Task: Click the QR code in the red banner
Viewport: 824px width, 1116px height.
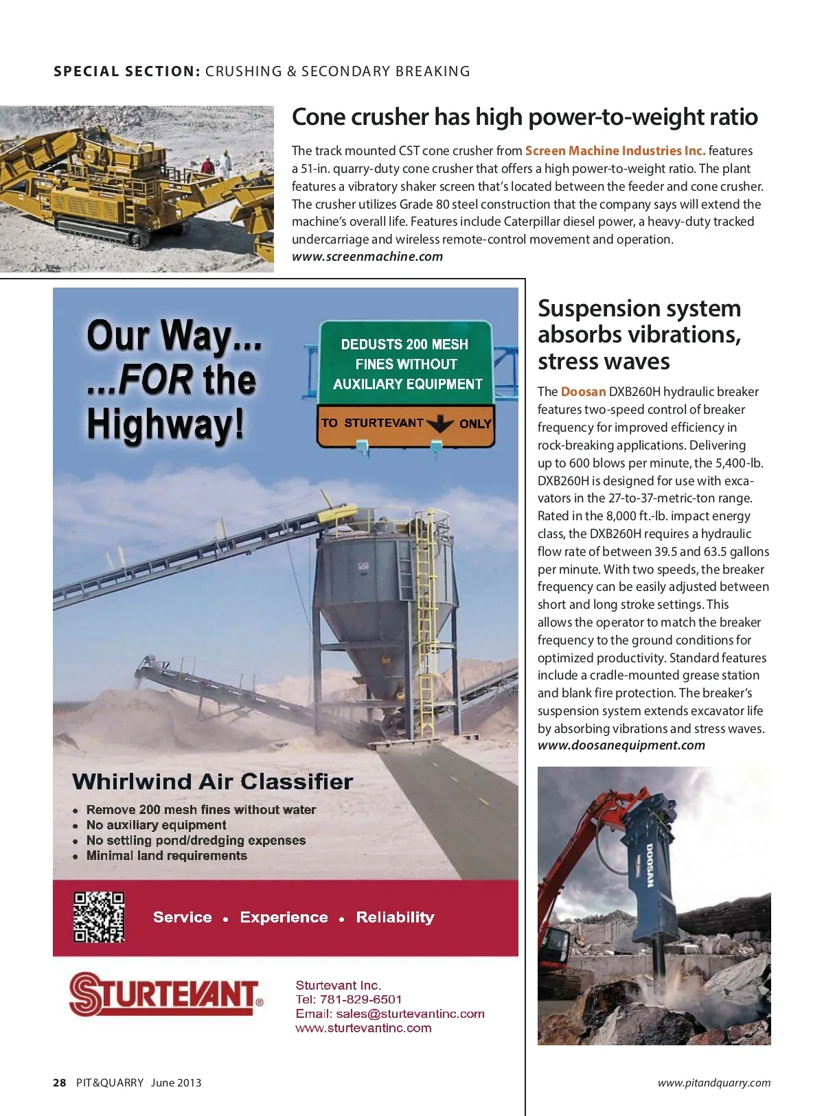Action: coord(99,917)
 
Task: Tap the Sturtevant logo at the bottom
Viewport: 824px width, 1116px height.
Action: coord(165,994)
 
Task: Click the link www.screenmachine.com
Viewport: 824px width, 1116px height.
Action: coord(367,257)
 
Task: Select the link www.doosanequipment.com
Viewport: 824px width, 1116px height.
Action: coord(621,745)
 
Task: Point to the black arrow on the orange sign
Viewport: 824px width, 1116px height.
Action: coord(440,423)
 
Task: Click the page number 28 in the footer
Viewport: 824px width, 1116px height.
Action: coord(60,1082)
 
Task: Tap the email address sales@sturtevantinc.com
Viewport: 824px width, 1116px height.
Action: coord(410,1014)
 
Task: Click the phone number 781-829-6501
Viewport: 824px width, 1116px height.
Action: coord(360,999)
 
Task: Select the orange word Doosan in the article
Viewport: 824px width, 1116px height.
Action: coord(583,392)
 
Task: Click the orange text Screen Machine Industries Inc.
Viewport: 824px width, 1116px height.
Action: coord(615,151)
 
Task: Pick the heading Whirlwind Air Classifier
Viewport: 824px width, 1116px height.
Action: coord(212,782)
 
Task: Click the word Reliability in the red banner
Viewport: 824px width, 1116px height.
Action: coord(395,918)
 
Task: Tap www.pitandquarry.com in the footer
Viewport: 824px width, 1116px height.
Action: coord(713,1083)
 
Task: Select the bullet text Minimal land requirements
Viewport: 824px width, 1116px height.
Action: coord(166,856)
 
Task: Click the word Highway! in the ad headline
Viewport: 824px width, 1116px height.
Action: coord(165,424)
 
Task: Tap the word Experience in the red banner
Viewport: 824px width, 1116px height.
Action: coord(284,918)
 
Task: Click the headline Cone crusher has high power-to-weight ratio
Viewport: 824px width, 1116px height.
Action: coord(525,117)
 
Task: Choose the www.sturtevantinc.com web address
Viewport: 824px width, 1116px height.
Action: coord(363,1028)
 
